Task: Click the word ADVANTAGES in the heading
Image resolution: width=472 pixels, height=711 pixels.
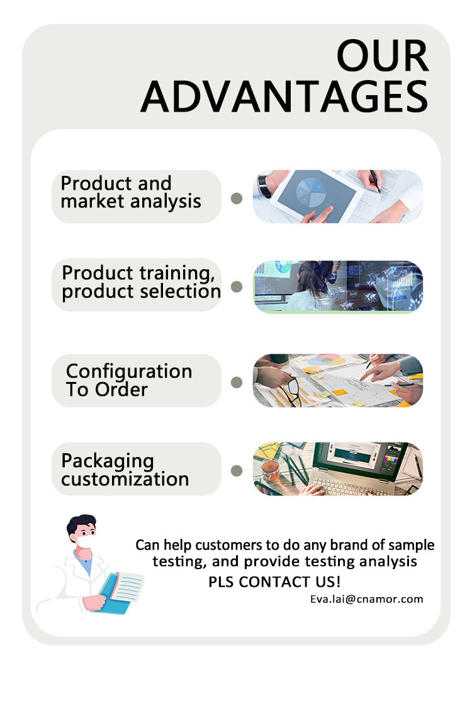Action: (284, 96)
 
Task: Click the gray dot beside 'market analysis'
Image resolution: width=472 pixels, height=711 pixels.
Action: (237, 199)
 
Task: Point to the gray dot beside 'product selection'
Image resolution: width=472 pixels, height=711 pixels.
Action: (237, 287)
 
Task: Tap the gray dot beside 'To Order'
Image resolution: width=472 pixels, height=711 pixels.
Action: (237, 382)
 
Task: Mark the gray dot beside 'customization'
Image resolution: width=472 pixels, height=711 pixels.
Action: (237, 470)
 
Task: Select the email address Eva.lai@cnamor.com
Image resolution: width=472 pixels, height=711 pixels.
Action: (366, 599)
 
